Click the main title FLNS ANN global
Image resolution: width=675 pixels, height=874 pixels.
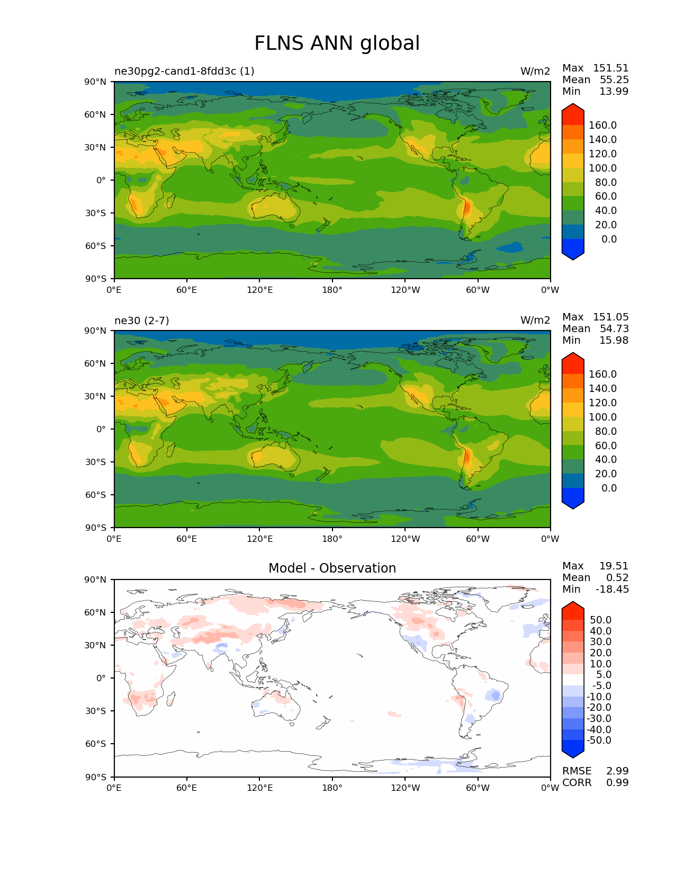337,43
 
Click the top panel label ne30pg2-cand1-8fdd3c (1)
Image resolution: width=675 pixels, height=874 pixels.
184,71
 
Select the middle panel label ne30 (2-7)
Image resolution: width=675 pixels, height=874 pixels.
141,320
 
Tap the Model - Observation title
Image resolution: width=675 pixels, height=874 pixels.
332,568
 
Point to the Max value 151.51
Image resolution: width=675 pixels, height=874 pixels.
610,68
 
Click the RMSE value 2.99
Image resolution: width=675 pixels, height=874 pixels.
617,771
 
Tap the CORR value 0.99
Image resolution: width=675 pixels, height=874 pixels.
617,783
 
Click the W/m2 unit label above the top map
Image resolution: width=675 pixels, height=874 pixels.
535,71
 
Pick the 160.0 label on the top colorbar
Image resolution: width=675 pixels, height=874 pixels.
602,126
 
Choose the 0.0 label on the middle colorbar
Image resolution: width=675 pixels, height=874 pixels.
609,488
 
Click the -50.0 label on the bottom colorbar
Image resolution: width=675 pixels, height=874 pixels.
599,741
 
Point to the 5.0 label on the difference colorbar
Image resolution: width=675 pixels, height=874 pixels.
604,675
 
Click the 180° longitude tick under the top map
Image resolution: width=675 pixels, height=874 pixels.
332,290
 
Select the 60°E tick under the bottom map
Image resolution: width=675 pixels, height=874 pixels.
187,788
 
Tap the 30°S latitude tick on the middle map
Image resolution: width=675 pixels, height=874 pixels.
96,462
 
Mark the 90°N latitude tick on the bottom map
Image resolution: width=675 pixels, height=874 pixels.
96,580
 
